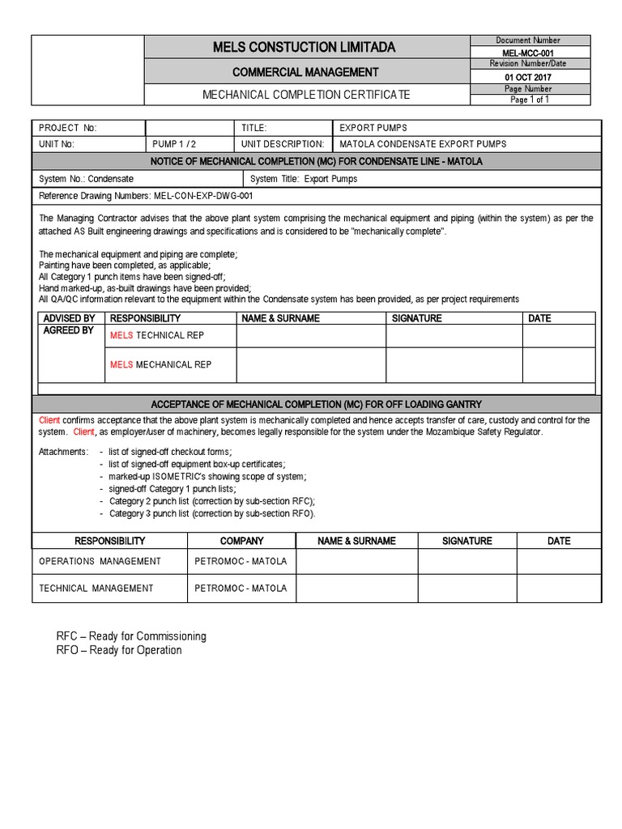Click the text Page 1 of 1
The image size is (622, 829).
pyautogui.click(x=530, y=100)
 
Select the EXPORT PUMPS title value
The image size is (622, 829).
pyautogui.click(x=373, y=128)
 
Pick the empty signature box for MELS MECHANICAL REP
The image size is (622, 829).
pyautogui.click(x=454, y=365)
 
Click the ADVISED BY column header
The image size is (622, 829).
pyautogui.click(x=69, y=318)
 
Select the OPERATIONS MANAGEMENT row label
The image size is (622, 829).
pyautogui.click(x=100, y=561)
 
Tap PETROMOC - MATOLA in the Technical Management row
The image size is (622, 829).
pyautogui.click(x=241, y=589)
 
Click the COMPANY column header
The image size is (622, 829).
pyautogui.click(x=242, y=541)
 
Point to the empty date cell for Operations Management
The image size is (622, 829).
pyautogui.click(x=559, y=561)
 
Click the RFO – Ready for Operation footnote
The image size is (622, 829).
pyautogui.click(x=119, y=650)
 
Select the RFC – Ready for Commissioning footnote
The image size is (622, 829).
pyautogui.click(x=131, y=636)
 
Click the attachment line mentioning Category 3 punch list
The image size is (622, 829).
pyautogui.click(x=212, y=513)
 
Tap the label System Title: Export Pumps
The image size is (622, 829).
pyautogui.click(x=304, y=178)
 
